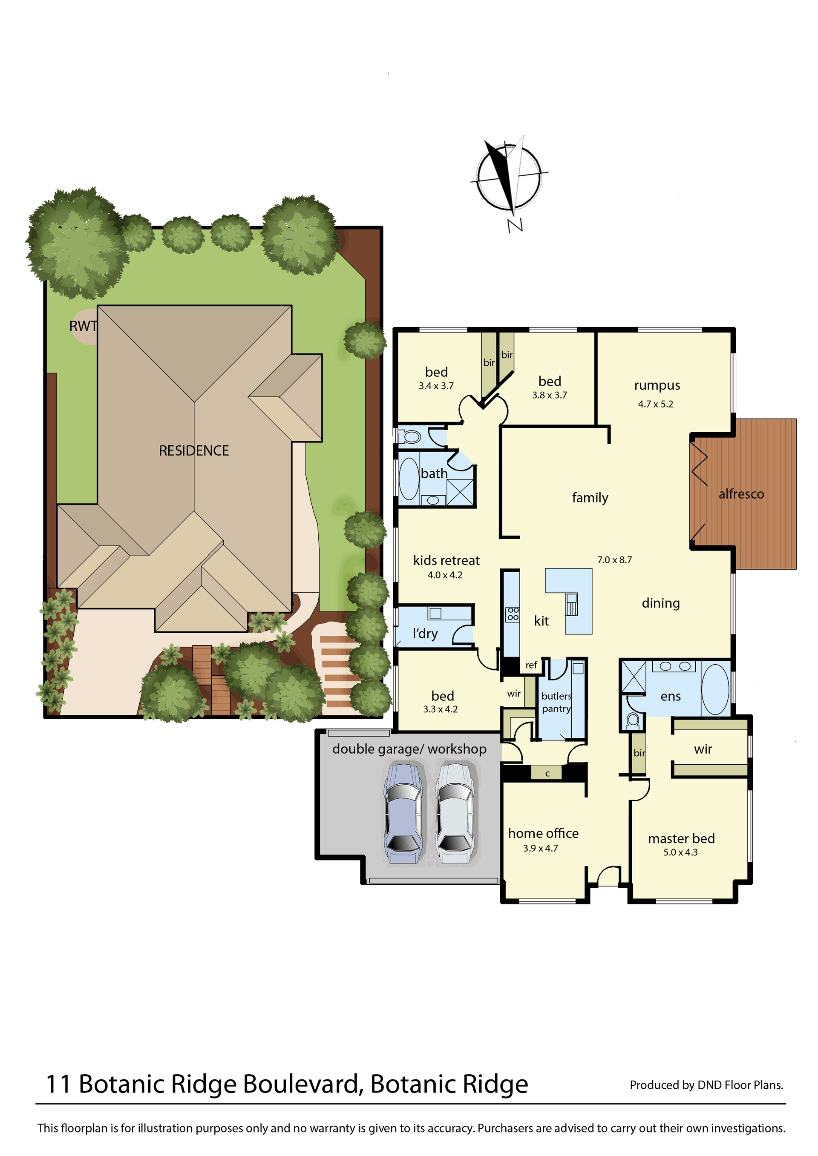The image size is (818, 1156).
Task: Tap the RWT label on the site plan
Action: pyautogui.click(x=83, y=326)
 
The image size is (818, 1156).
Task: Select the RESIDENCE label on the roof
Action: pyautogui.click(x=194, y=450)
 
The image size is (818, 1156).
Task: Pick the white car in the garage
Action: pyautogui.click(x=455, y=813)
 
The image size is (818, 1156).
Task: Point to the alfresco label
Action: pyautogui.click(x=741, y=494)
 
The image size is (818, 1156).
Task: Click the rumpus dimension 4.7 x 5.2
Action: pyautogui.click(x=655, y=404)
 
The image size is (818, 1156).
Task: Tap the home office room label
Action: pyautogui.click(x=543, y=833)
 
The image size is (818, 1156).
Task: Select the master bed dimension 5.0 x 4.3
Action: pyautogui.click(x=680, y=852)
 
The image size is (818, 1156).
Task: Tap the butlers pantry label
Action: pyautogui.click(x=556, y=703)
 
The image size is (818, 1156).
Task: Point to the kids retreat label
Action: pyautogui.click(x=446, y=560)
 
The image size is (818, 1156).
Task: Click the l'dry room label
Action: pyautogui.click(x=425, y=634)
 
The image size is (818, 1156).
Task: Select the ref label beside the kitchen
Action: pyautogui.click(x=531, y=665)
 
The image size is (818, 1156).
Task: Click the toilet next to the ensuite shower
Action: pyautogui.click(x=633, y=720)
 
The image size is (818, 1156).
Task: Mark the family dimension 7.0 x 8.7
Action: pyautogui.click(x=614, y=560)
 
